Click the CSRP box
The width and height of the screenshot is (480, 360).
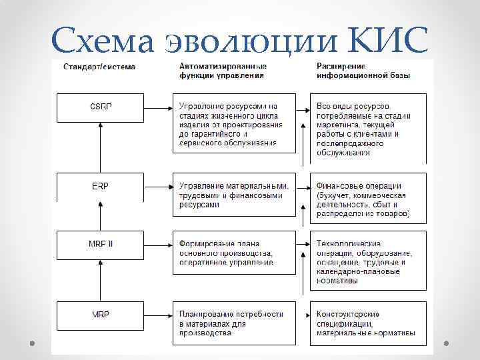pos(100,107)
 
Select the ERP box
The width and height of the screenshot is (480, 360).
pos(100,186)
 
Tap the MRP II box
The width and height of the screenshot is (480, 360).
pos(100,244)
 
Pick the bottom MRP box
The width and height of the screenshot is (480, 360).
pos(100,314)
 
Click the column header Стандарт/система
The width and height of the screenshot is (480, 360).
pos(99,67)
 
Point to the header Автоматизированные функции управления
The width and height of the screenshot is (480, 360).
pos(223,71)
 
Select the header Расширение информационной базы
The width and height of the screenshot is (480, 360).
pos(363,71)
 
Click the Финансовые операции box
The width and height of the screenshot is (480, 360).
pos(368,199)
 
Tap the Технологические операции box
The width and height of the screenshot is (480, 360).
pos(368,262)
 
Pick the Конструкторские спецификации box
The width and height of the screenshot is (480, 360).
pos(368,323)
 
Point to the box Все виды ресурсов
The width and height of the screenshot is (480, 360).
pos(368,129)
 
